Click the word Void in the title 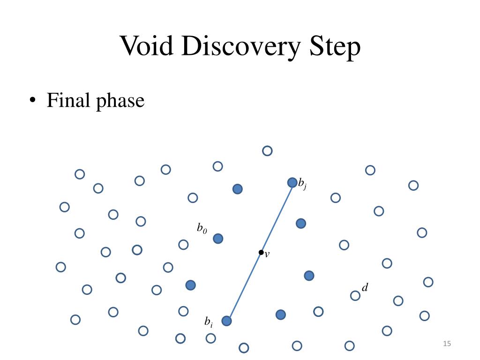[x=147, y=46]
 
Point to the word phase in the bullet [x=120, y=101]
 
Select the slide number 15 [x=446, y=345]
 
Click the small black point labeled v [x=261, y=253]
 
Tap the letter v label [x=267, y=255]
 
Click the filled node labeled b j [x=292, y=182]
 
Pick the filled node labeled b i [x=226, y=321]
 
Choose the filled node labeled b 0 [x=218, y=239]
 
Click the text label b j [x=302, y=184]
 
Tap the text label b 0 [x=202, y=228]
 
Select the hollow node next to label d [x=355, y=295]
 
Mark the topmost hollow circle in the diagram [x=267, y=151]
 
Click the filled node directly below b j [x=301, y=223]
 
